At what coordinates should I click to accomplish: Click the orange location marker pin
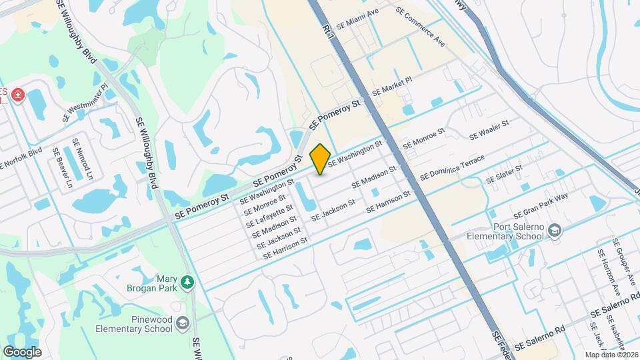pyautogui.click(x=320, y=159)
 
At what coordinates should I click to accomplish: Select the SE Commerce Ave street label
pyautogui.click(x=419, y=26)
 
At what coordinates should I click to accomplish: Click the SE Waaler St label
pyautogui.click(x=489, y=129)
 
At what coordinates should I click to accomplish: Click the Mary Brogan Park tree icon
pyautogui.click(x=188, y=283)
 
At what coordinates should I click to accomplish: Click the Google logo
pyautogui.click(x=22, y=352)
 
